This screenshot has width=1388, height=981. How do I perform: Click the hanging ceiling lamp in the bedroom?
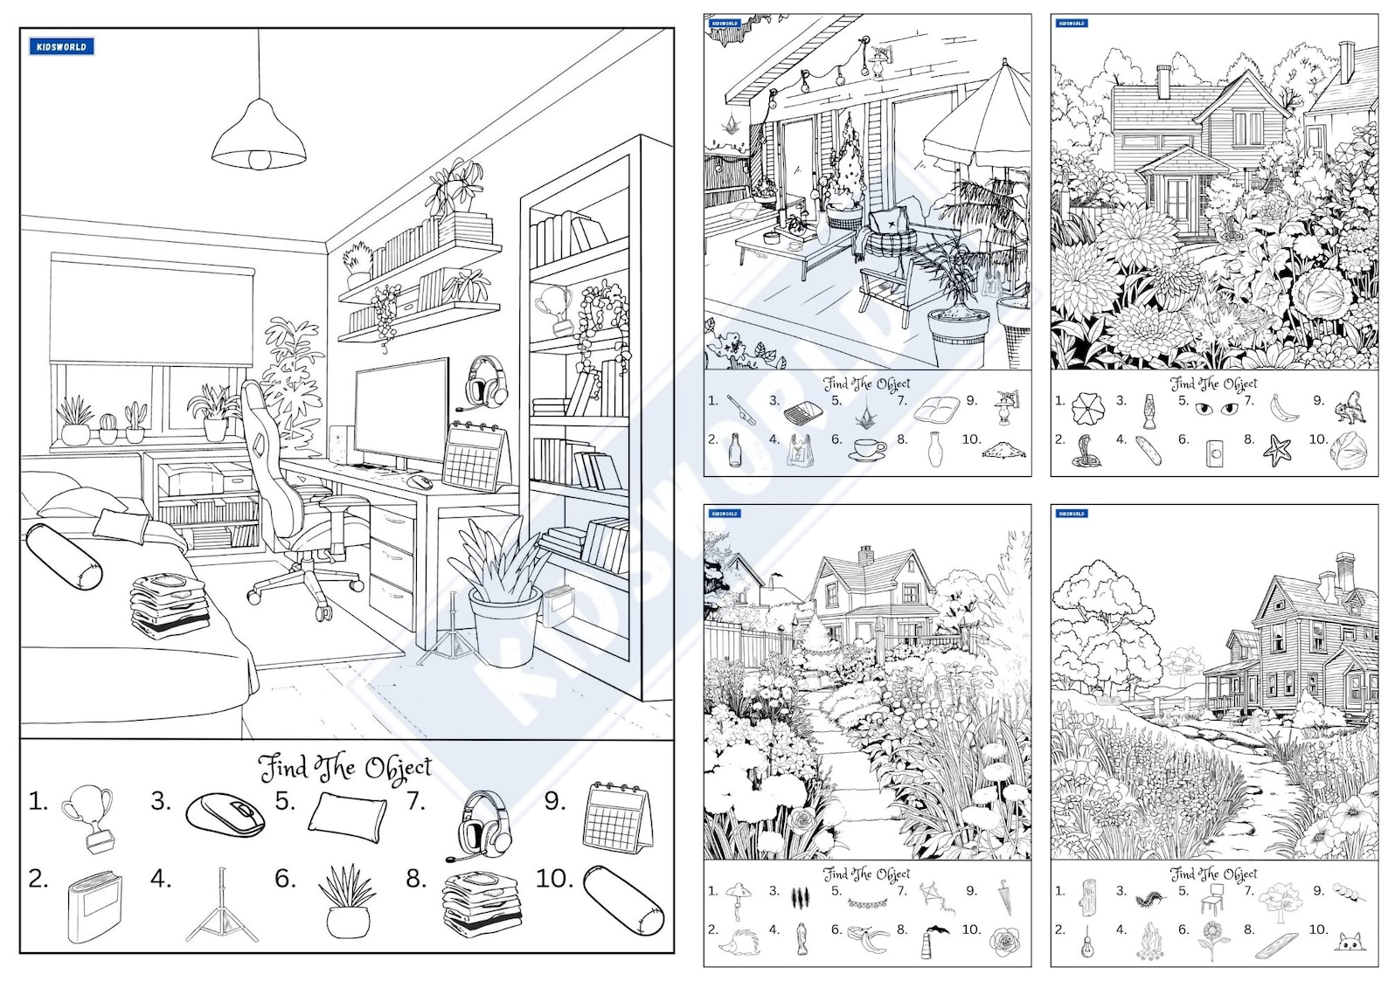click(x=259, y=140)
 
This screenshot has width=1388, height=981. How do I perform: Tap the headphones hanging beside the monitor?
click(x=485, y=382)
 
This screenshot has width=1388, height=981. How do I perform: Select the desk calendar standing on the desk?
click(x=475, y=456)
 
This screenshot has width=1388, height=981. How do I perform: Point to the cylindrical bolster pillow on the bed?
click(x=64, y=556)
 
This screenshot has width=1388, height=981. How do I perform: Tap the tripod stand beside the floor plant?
click(x=451, y=631)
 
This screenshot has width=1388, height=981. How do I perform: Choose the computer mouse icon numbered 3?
click(x=226, y=814)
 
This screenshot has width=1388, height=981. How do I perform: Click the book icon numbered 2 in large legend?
click(x=94, y=907)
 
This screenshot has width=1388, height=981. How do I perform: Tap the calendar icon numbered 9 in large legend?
click(x=617, y=818)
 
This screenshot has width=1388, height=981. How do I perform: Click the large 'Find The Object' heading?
click(x=346, y=768)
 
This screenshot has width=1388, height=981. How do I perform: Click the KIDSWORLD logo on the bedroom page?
click(x=61, y=47)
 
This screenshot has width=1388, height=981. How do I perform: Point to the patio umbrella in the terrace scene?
click(x=979, y=122)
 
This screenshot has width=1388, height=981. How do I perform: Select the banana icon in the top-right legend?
click(x=1282, y=407)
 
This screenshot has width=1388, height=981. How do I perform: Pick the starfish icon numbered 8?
click(x=1277, y=450)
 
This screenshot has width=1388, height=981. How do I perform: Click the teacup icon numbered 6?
click(x=869, y=450)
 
